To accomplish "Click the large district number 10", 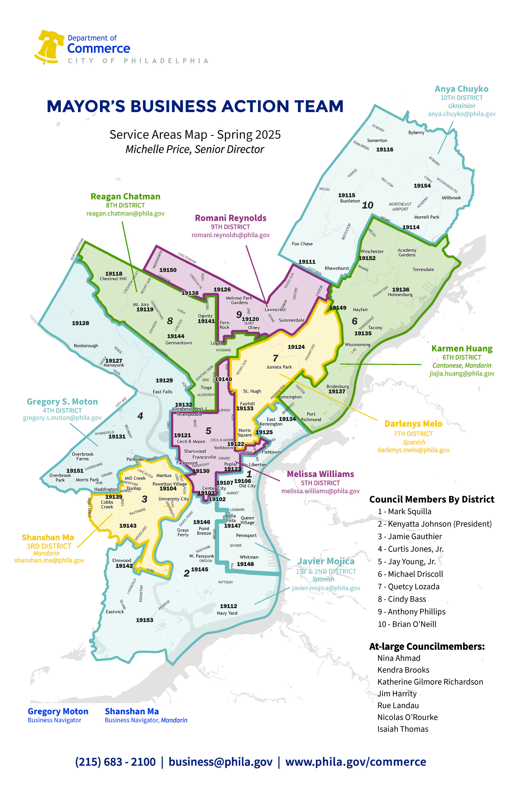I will pyautogui.click(x=368, y=205).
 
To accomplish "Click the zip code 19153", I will pyautogui.click(x=144, y=620).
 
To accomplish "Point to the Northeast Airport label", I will pyautogui.click(x=400, y=207).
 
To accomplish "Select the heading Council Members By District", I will pyautogui.click(x=432, y=500).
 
